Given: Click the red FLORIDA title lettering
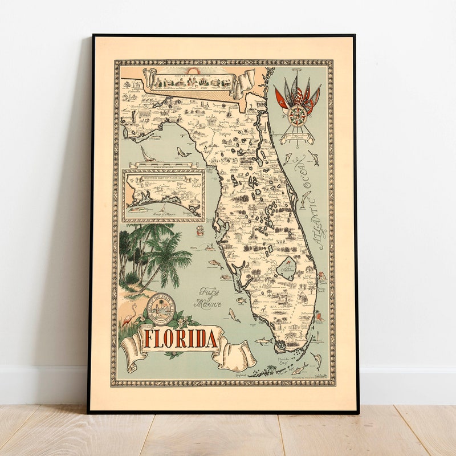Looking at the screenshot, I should pos(180,339).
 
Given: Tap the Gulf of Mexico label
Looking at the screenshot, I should pos(210,297).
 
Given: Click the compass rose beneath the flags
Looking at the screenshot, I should pos(297,116).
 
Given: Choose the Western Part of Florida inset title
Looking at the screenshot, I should pos(164,178).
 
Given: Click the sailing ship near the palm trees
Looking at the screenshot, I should pos(200,230).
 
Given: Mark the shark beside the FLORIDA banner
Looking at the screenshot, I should pos(263,341).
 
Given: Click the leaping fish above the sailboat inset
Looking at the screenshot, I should pos(183,152).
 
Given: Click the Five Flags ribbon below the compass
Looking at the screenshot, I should pos(297,136).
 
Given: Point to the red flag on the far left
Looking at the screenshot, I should pos(280,97).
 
